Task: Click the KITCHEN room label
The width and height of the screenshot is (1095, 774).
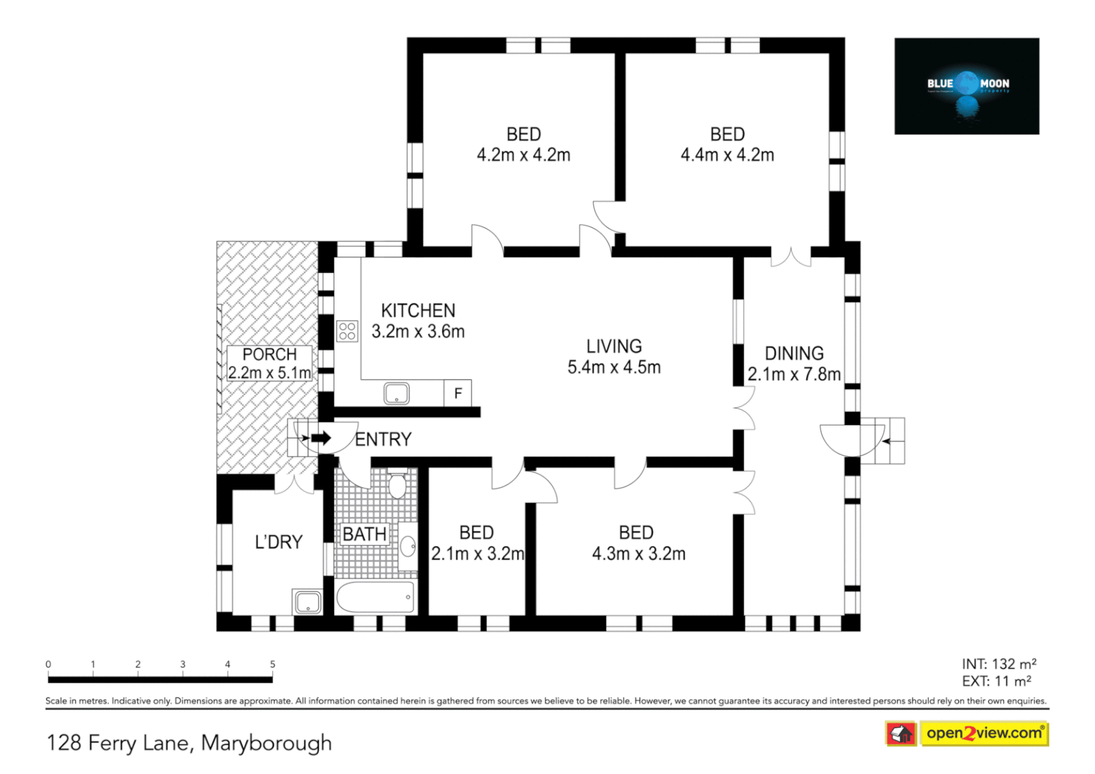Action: pos(418,310)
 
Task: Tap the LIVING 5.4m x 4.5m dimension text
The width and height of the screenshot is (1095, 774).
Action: pos(614,368)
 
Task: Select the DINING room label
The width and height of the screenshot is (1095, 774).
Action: pos(794,353)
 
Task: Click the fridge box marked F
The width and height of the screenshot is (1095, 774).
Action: pos(458,393)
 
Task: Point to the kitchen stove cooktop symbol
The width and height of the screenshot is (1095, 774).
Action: pos(348,331)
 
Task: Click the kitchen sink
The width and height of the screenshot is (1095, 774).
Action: pos(396,393)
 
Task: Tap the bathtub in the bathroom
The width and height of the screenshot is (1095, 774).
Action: pos(376,597)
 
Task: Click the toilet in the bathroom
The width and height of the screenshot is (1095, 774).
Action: pos(396,484)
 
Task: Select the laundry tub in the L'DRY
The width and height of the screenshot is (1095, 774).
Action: pos(307,602)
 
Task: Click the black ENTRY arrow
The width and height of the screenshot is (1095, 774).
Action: pos(321,438)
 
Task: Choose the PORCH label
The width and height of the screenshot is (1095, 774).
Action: pos(269,354)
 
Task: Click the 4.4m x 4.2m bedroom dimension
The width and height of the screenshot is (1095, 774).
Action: pos(727,155)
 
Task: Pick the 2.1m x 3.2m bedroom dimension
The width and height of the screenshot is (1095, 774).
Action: pos(477,554)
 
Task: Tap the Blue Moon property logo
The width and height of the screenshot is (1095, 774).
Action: pos(967,86)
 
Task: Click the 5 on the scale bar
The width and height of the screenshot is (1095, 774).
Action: pos(272,664)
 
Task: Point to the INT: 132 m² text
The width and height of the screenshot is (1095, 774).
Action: pos(999,664)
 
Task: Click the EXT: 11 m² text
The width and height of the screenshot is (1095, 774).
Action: pos(996,682)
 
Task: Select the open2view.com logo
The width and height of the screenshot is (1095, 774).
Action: pos(983,733)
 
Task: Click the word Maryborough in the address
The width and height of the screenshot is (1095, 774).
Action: pos(267,742)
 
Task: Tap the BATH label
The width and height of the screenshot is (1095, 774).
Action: pos(364,534)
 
